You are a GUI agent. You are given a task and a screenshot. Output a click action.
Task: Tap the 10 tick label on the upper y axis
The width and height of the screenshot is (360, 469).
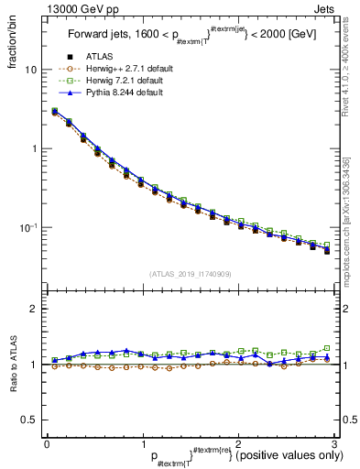coord(31,70)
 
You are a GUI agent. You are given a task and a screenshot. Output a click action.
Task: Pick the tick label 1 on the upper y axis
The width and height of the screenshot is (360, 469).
coord(34,148)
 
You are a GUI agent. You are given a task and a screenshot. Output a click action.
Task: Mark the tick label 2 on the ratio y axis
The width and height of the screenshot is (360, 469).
coord(34,309)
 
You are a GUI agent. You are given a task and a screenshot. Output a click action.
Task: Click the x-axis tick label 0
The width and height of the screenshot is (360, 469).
coord(47,443)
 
